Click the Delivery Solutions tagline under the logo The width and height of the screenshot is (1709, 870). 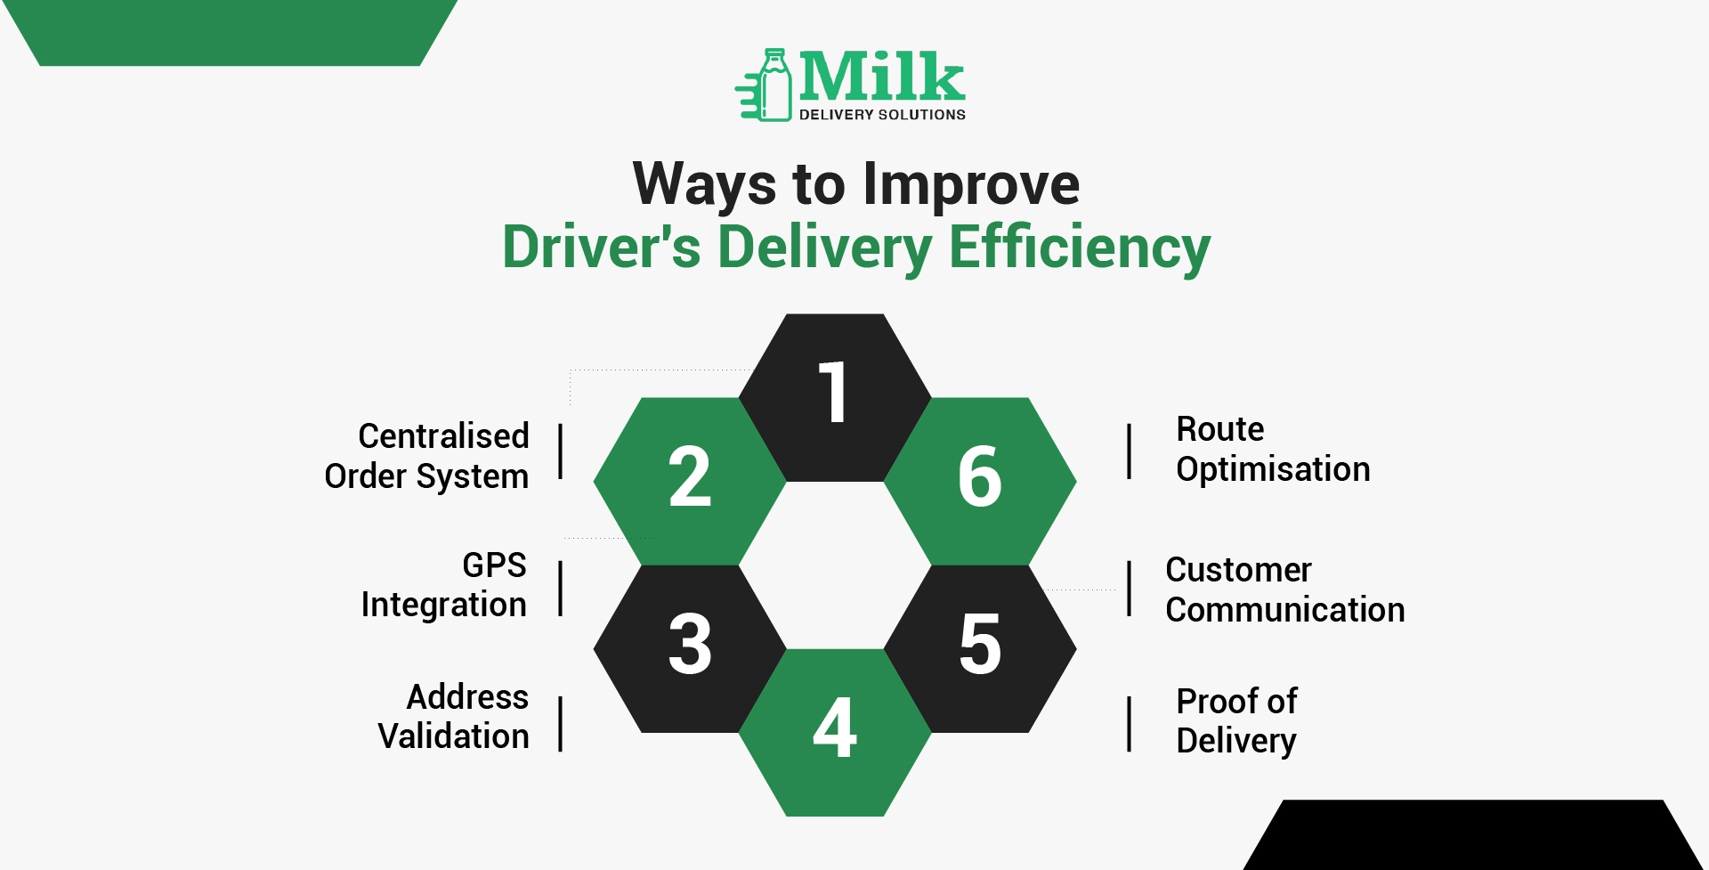coord(882,115)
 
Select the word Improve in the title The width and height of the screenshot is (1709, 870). coord(971,185)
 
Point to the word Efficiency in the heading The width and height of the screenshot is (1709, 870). coord(1080,247)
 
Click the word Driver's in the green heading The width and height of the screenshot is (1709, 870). coord(602,247)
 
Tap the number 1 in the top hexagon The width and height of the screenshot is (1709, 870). coord(833,392)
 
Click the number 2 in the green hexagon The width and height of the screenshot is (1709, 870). coord(690,476)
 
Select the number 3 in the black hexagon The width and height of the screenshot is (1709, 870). coord(690,643)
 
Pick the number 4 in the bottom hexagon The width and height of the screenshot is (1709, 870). coord(835,727)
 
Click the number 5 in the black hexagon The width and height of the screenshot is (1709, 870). coord(980,643)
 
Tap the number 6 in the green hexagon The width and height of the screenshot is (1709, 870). coord(980,476)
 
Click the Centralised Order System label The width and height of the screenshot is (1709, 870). coord(426,456)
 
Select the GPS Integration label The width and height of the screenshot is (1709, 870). coord(443,585)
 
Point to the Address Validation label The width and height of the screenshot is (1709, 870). coord(453,716)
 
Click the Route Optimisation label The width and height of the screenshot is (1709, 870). coord(1273,449)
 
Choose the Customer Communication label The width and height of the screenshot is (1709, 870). coord(1285,589)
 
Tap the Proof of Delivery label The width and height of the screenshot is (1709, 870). coord(1236,721)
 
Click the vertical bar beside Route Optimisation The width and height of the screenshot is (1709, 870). coord(1129,451)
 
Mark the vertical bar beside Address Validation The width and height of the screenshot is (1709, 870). coord(560,724)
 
